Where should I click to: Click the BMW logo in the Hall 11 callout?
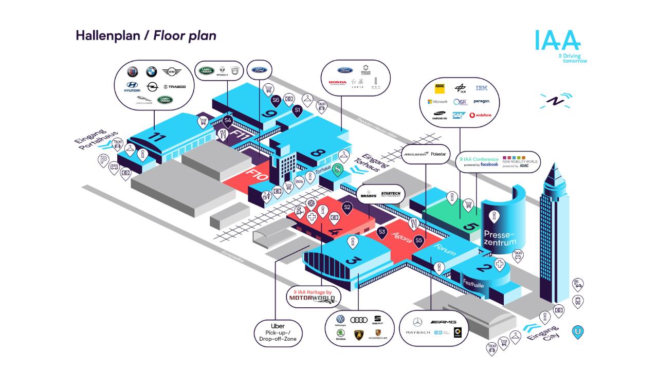point(151,72)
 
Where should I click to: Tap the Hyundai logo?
point(132,87)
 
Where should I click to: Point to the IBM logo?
point(481,88)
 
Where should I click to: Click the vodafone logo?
point(480,115)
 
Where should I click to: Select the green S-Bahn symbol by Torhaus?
point(338,171)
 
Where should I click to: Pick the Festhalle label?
point(473,284)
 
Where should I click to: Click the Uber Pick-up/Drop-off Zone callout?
point(277,332)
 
